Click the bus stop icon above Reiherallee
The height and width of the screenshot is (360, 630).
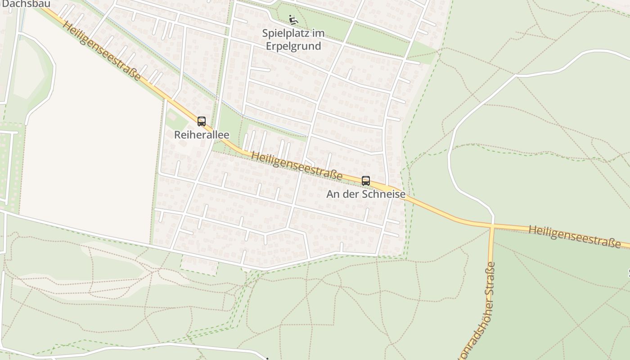(202, 121)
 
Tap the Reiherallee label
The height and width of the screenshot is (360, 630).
(202, 135)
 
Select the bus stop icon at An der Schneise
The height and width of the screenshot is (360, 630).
(366, 181)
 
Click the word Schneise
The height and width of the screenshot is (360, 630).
(386, 194)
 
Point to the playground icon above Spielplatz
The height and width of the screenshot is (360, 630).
(293, 20)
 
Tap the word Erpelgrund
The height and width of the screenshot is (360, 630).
(293, 46)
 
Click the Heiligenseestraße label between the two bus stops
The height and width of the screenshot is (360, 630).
(297, 166)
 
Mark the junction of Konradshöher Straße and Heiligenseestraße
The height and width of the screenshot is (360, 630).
(493, 225)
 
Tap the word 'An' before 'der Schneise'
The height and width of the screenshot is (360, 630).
(333, 194)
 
